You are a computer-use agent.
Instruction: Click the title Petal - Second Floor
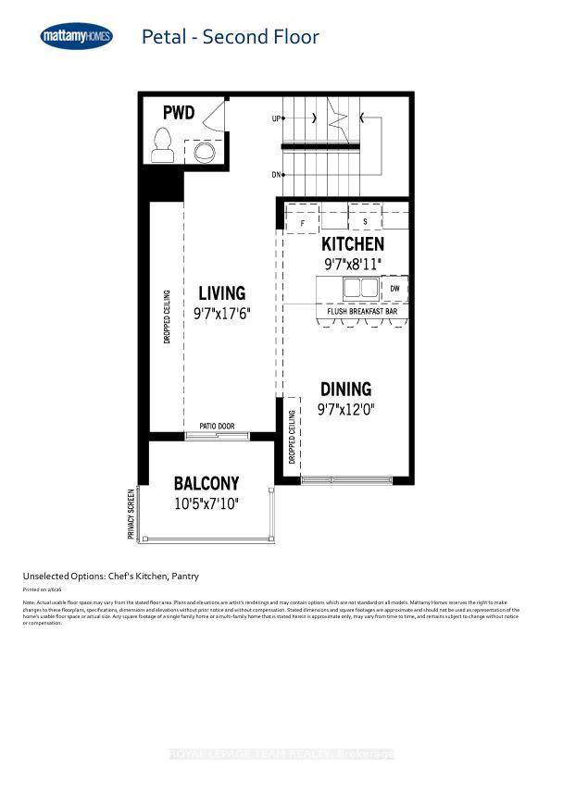[x=230, y=37]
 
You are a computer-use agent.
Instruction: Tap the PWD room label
[x=180, y=113]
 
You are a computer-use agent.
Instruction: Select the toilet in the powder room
[x=164, y=145]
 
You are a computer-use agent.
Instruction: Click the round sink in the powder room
[x=203, y=150]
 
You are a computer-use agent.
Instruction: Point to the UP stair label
[x=276, y=119]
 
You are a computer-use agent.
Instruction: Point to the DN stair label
[x=276, y=174]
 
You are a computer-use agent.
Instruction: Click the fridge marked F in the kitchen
[x=302, y=222]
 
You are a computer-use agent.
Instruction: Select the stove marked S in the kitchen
[x=365, y=222]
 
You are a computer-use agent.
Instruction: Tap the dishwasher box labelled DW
[x=394, y=289]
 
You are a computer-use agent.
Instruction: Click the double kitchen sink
[x=360, y=289]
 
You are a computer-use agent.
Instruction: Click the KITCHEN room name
[x=352, y=244]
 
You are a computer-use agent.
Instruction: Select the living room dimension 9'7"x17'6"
[x=222, y=314]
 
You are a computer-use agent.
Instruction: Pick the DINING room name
[x=346, y=389]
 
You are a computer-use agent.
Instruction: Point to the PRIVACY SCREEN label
[x=131, y=515]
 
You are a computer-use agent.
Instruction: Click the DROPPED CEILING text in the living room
[x=168, y=316]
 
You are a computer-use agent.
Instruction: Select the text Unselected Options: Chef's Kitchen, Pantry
[x=111, y=575]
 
